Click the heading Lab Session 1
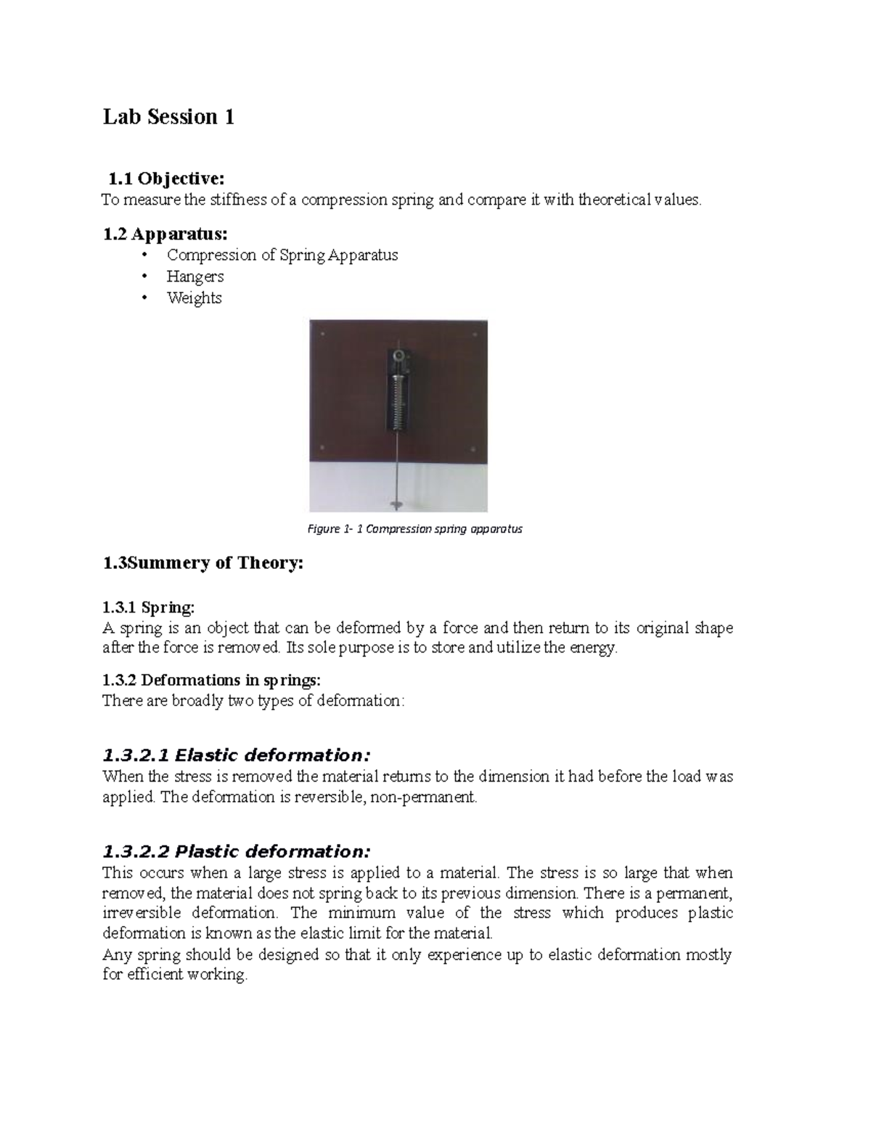click(x=168, y=117)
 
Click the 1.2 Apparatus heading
click(x=165, y=234)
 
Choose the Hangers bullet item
click(x=195, y=276)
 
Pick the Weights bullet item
click(x=194, y=298)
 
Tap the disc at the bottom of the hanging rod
click(x=398, y=502)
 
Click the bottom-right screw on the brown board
click(x=473, y=448)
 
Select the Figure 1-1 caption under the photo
click(x=414, y=529)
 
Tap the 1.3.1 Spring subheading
click(x=149, y=607)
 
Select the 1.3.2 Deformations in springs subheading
click(x=210, y=680)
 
